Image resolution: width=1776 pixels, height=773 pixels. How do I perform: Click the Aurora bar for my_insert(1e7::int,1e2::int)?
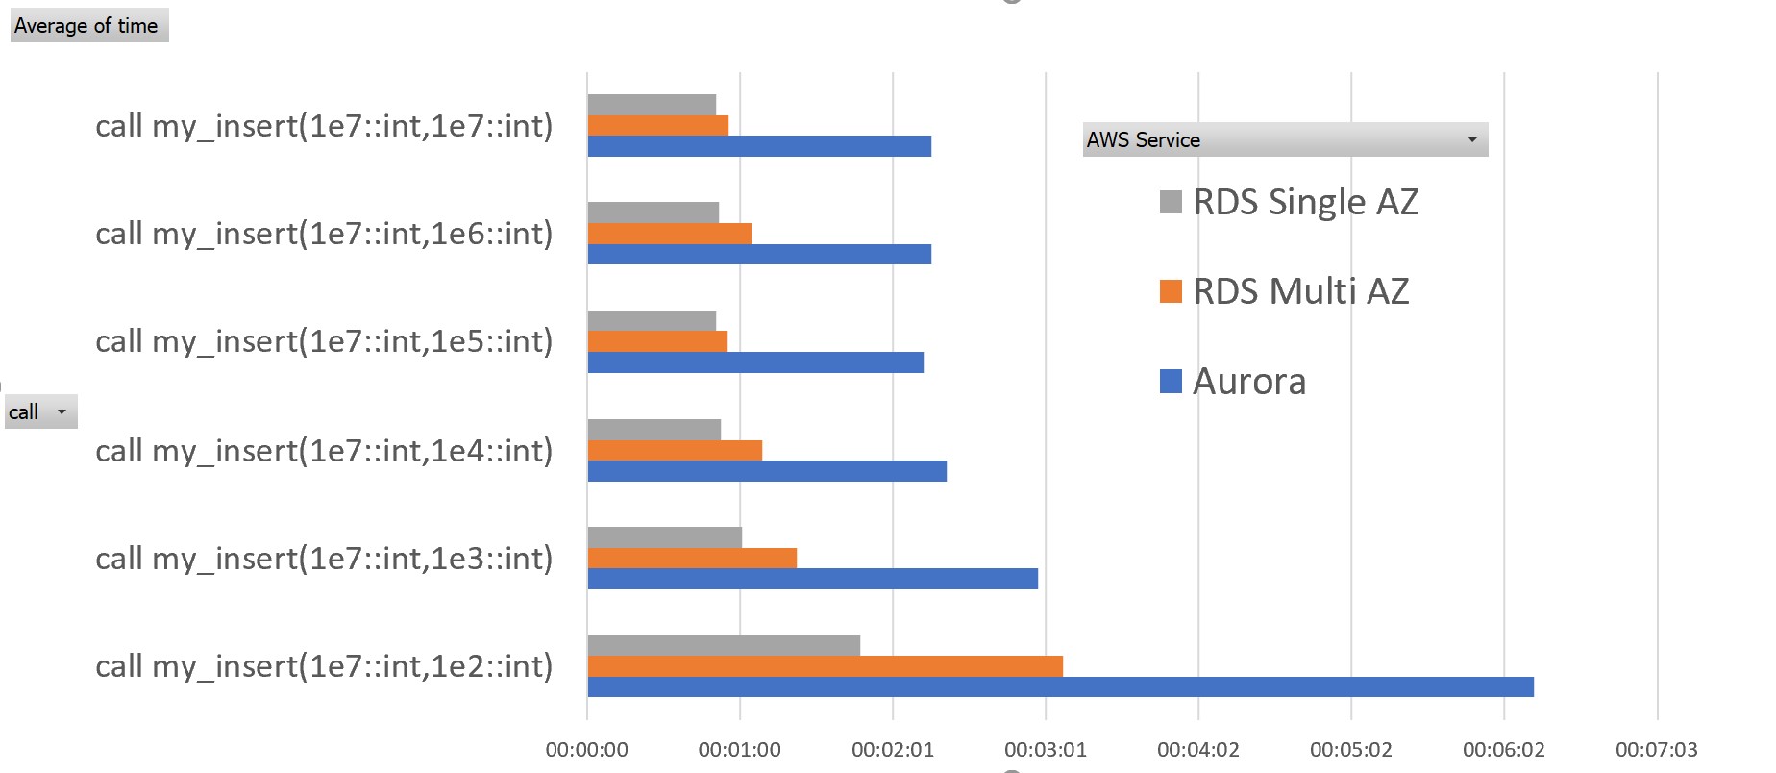click(1060, 686)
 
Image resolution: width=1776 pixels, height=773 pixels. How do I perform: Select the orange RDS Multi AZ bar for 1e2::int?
click(825, 665)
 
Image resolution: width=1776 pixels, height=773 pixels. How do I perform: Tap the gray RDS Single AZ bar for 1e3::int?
click(664, 537)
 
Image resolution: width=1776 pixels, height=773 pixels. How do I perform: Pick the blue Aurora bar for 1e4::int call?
click(767, 471)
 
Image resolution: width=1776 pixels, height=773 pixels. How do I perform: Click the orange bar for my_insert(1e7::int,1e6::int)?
click(669, 234)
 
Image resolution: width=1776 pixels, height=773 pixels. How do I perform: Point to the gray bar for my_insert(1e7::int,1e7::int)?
click(652, 104)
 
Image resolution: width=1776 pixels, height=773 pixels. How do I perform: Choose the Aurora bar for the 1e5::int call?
click(755, 362)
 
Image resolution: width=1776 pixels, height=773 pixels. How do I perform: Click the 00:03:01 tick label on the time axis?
click(1045, 750)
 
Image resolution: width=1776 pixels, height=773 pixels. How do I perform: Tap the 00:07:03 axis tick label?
click(1656, 750)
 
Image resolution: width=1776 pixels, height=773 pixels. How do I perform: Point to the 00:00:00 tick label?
click(586, 750)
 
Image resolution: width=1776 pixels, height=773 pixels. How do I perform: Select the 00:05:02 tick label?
click(1350, 750)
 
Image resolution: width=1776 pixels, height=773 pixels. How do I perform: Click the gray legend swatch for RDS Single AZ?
click(1171, 202)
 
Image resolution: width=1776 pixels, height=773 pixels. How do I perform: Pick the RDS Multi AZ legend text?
click(1300, 291)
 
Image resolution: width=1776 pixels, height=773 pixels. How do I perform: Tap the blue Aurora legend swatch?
click(1171, 382)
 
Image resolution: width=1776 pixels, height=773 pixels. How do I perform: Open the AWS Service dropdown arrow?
click(1471, 140)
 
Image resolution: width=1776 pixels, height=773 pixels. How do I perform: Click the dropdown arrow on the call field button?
click(62, 412)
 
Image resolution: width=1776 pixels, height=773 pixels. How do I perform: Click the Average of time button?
click(86, 26)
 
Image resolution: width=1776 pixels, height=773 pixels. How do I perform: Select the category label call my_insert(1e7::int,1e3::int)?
click(324, 559)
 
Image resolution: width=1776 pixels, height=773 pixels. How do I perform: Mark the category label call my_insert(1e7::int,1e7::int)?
click(324, 126)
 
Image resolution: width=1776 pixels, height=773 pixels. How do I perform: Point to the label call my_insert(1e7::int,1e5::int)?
click(324, 341)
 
